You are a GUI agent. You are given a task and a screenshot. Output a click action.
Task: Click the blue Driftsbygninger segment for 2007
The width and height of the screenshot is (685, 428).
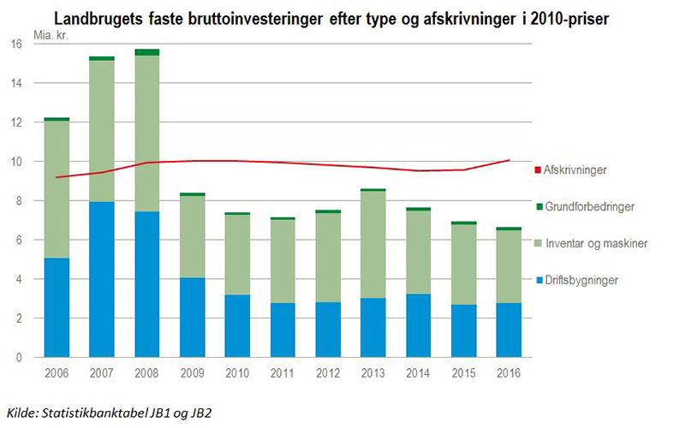click(101, 279)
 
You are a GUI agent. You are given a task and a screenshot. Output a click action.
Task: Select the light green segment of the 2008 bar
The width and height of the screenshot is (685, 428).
click(147, 134)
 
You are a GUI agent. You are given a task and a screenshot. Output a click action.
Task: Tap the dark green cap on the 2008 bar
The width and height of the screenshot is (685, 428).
click(147, 52)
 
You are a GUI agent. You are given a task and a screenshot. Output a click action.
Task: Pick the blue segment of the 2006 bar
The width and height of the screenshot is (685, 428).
click(57, 307)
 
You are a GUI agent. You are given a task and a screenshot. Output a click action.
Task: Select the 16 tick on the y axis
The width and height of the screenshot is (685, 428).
click(15, 45)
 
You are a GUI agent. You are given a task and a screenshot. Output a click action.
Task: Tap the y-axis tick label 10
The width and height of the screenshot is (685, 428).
click(15, 162)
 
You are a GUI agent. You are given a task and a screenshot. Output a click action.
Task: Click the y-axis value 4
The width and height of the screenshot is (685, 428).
click(19, 279)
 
